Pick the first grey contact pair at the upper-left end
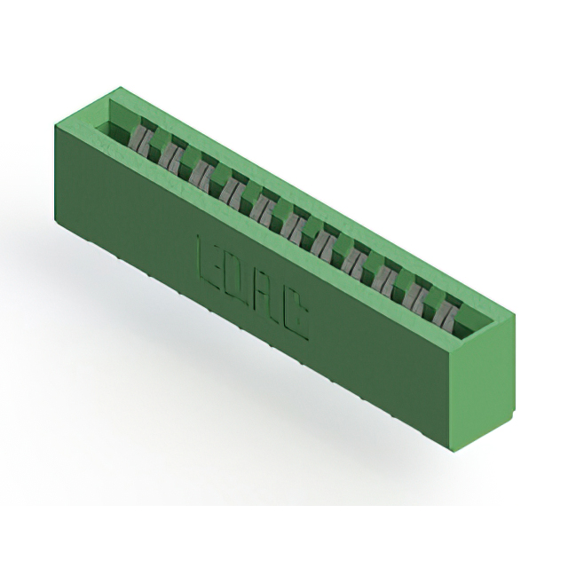point(139,140)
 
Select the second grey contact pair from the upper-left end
point(170,157)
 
